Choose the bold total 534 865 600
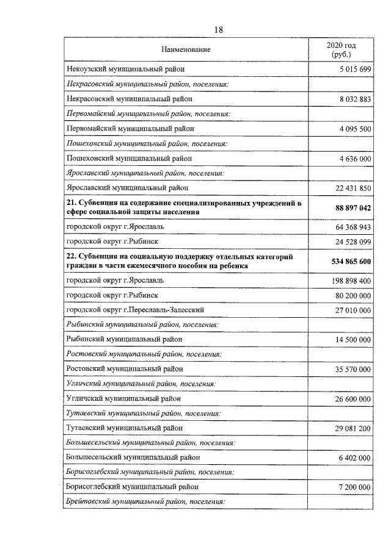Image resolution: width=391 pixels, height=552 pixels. (346, 262)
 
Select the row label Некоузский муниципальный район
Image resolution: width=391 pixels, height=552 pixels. (125, 70)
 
